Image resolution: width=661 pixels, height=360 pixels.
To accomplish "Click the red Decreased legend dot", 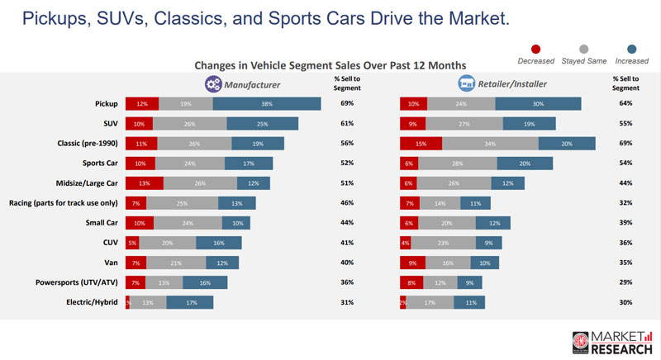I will click(535, 48).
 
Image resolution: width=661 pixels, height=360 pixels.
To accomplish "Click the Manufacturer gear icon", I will click(212, 83).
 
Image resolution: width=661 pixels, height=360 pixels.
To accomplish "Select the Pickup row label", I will click(103, 103).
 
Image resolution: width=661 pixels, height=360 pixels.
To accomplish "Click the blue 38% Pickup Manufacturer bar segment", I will click(267, 103).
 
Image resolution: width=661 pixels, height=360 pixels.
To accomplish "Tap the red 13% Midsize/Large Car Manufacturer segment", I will click(144, 182).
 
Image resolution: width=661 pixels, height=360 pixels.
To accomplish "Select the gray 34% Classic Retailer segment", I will click(490, 143).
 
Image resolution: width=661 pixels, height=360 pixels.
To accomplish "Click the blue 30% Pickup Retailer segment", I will click(538, 103).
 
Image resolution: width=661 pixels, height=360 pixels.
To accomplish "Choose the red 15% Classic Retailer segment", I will click(421, 143).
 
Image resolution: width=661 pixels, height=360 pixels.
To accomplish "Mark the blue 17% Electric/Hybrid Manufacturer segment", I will click(189, 302).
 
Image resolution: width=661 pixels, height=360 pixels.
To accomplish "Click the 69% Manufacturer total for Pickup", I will click(347, 103).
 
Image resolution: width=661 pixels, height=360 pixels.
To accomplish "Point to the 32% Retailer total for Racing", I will click(626, 202).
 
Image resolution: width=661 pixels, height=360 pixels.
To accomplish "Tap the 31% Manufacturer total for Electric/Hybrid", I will click(347, 302).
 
